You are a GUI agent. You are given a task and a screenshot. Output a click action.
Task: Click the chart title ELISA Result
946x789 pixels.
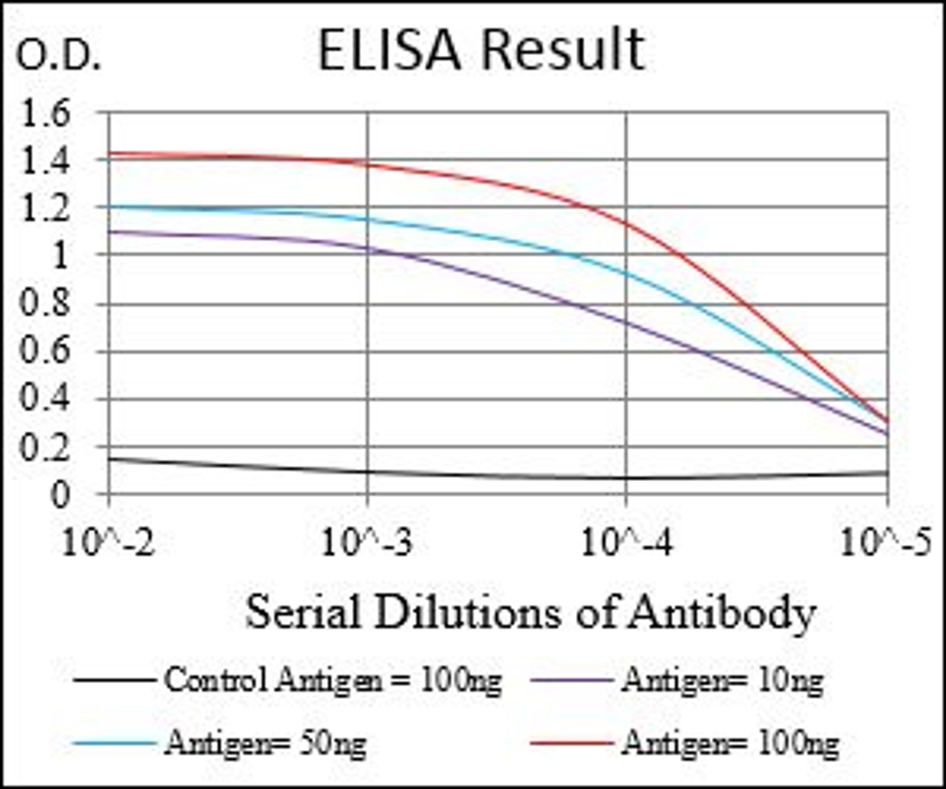481,51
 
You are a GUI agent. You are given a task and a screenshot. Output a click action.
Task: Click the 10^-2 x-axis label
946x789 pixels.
108,543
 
